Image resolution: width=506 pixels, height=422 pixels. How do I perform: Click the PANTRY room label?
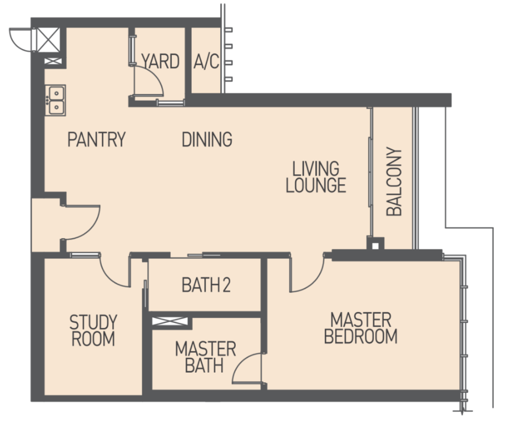click(x=97, y=139)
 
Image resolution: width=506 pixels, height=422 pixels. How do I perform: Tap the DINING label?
click(x=207, y=139)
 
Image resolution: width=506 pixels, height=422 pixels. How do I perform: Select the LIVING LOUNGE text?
click(x=316, y=177)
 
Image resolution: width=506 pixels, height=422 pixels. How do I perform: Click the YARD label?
click(x=160, y=61)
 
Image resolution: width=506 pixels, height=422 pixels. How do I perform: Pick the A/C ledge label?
click(x=206, y=62)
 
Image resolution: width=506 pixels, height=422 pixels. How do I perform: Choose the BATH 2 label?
click(x=206, y=285)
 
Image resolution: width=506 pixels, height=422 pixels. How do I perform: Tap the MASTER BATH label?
click(x=206, y=357)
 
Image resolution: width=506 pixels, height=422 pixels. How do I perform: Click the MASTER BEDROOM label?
click(x=361, y=328)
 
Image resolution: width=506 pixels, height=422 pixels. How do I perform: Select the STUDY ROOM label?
click(x=93, y=330)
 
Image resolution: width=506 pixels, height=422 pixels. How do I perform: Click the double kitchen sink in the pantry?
click(x=55, y=100)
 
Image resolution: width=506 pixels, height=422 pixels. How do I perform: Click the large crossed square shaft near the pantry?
click(x=48, y=40)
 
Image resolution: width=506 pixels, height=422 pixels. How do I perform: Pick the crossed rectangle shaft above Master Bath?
click(x=170, y=321)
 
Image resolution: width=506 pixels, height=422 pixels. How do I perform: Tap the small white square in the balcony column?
click(x=375, y=246)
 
